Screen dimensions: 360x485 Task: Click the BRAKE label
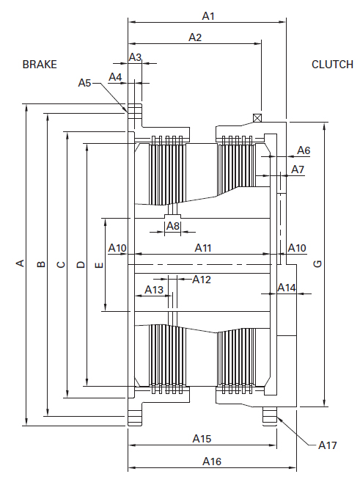[40, 65]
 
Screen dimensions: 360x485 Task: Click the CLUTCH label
[332, 65]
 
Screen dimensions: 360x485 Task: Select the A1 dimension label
[208, 16]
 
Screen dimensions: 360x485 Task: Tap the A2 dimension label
[195, 37]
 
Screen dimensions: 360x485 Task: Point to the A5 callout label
[84, 83]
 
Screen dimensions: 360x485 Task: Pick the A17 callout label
[328, 445]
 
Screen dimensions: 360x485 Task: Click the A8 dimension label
[173, 226]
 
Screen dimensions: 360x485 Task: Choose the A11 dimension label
[203, 248]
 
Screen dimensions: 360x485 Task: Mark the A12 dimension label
[202, 280]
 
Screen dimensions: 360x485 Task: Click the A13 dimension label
[154, 290]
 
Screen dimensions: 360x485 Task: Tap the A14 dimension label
[287, 288]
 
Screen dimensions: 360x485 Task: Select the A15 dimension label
[202, 439]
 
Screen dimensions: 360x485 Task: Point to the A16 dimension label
[212, 462]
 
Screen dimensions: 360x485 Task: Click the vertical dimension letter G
[317, 263]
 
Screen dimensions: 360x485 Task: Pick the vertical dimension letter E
[100, 265]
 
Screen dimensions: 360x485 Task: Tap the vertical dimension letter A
[20, 263]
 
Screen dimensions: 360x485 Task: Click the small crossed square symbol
[257, 117]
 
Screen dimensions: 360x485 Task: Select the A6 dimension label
[304, 150]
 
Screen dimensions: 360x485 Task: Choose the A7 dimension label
[298, 169]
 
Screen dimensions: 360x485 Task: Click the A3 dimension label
[135, 57]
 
